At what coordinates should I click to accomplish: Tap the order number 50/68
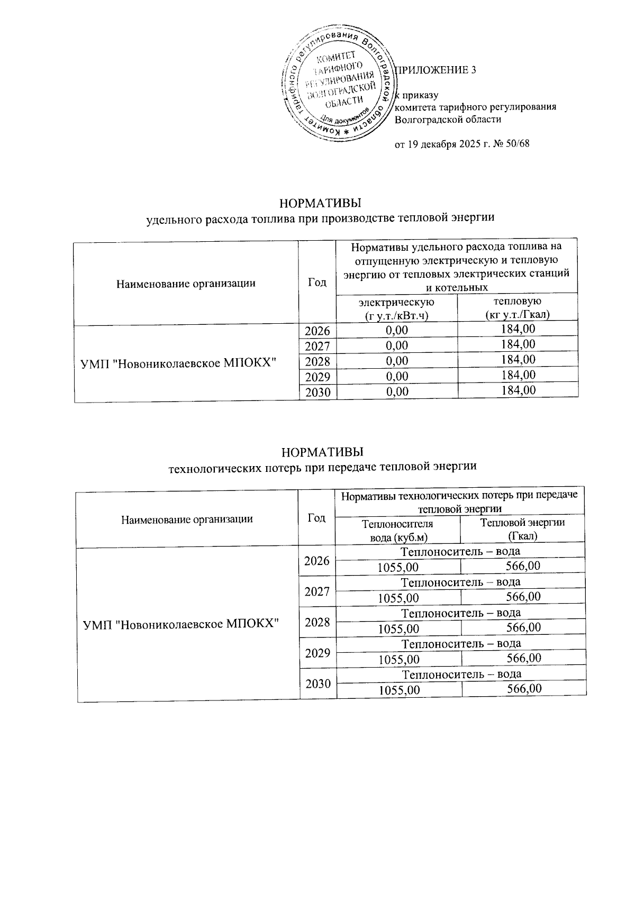point(517,144)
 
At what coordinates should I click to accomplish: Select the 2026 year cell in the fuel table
point(317,331)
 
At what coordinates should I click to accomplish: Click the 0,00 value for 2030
point(397,391)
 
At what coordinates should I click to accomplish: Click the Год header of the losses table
point(316,518)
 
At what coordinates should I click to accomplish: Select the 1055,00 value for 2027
point(398,598)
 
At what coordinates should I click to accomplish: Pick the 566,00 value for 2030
point(523,689)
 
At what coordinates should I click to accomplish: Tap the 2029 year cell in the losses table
point(317,652)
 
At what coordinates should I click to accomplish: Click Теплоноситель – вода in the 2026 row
point(461,551)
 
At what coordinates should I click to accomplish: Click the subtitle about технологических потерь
point(322,467)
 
